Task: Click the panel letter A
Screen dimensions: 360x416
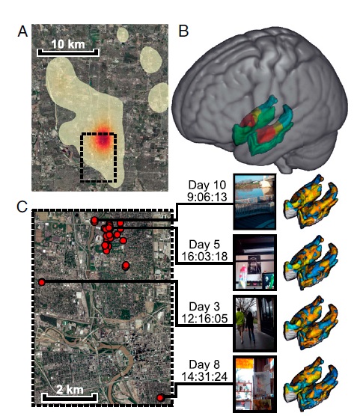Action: point(22,31)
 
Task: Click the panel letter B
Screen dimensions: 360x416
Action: point(183,31)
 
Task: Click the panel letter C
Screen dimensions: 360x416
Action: point(22,207)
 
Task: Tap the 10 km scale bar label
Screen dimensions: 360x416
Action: point(68,44)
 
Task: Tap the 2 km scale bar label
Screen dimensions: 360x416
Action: point(70,389)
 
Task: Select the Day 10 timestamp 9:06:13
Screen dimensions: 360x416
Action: point(207,197)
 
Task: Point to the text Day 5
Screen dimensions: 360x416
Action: point(204,245)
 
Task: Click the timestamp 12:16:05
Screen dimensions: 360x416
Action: point(204,319)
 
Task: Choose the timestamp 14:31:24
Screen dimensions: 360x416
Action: point(204,376)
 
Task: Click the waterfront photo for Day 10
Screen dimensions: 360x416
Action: point(254,201)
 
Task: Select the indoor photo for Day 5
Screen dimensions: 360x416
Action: point(255,263)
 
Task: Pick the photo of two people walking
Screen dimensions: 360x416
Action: point(255,323)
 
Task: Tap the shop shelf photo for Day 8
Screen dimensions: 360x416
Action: point(255,384)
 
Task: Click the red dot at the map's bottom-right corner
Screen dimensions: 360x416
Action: point(160,398)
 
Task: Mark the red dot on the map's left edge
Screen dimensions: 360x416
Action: point(41,282)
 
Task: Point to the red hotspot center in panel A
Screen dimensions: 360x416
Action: point(103,140)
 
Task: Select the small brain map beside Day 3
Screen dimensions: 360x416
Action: point(311,322)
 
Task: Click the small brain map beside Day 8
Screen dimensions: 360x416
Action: point(311,383)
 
